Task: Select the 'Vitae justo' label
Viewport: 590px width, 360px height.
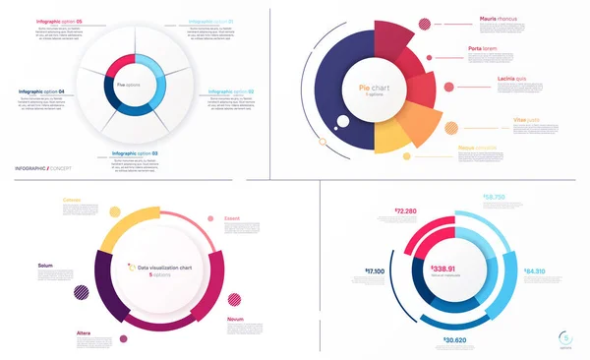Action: (500, 117)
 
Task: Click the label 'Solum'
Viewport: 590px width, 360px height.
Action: (45, 266)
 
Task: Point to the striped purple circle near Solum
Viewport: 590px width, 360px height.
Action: (81, 291)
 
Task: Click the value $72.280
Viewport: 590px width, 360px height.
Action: (407, 210)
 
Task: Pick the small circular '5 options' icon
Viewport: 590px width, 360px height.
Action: (563, 334)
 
